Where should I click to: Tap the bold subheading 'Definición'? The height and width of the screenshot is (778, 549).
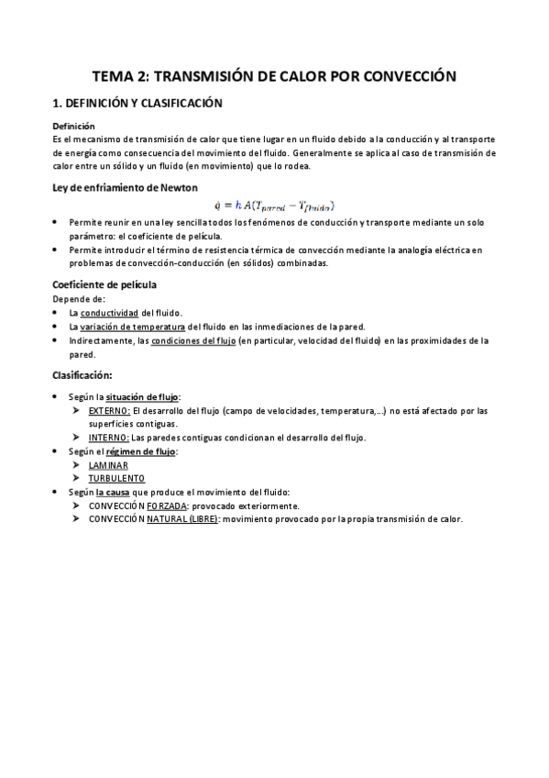[x=73, y=126]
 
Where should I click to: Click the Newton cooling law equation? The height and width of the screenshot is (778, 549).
[x=274, y=206]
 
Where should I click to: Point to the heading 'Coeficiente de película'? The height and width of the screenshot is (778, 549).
[x=104, y=284]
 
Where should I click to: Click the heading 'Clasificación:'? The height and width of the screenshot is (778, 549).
[x=82, y=374]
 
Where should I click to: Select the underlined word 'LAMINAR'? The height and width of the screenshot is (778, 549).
[x=108, y=465]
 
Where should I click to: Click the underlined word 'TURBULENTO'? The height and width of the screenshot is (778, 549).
[x=116, y=479]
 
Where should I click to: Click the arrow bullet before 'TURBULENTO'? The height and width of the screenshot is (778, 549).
[x=78, y=479]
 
